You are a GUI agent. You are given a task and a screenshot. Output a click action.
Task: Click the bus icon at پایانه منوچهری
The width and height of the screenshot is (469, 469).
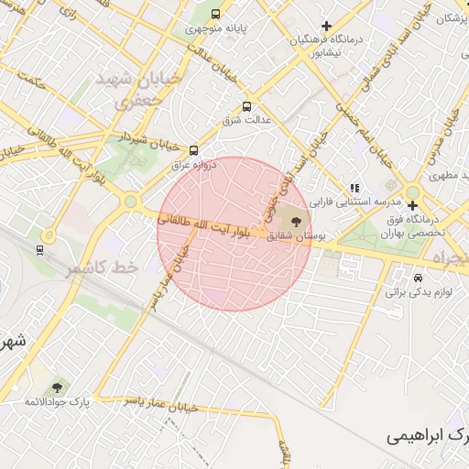pos(215,15)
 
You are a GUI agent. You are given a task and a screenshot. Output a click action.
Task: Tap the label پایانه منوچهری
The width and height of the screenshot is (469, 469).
pos(216,28)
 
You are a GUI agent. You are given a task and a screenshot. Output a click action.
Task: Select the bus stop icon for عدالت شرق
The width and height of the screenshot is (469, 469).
pos(245,107)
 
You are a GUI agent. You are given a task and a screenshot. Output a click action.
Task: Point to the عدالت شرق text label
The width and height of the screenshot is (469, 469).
pos(245,121)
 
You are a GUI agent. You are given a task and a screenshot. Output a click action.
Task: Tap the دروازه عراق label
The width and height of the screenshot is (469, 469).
pos(191,166)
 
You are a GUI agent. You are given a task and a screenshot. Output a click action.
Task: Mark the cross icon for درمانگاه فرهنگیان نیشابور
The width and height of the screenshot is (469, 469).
pos(326,26)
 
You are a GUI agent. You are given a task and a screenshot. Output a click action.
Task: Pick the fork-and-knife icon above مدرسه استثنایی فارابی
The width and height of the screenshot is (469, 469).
pos(354,188)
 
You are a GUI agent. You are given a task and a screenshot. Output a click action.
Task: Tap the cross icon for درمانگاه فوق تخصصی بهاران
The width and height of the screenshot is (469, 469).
pos(413,205)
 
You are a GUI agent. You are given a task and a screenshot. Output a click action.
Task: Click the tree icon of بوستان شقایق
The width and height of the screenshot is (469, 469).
pos(295,220)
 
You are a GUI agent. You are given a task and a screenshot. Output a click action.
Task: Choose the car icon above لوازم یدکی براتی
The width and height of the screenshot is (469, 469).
pos(419,278)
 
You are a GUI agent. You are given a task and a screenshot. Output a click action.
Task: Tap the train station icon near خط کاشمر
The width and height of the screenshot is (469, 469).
pos(38,249)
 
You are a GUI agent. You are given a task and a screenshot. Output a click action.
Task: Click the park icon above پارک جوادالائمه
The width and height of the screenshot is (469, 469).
pos(60,389)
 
